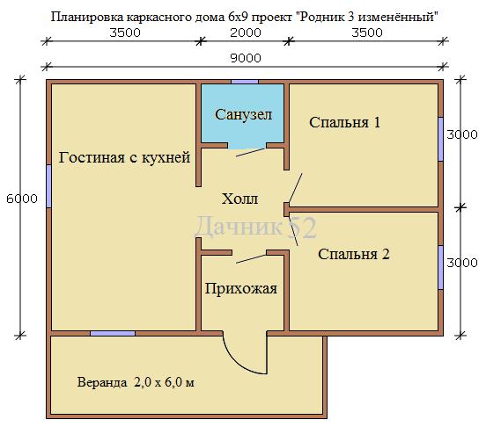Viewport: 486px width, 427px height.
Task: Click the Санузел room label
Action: coord(243,115)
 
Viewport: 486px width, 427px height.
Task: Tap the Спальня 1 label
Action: coord(344,122)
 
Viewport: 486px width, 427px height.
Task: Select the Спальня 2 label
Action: coord(354,255)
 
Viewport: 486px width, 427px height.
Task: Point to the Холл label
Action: coord(239,199)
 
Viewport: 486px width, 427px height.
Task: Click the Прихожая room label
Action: coord(241,289)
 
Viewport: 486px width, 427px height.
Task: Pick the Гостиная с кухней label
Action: coord(124,157)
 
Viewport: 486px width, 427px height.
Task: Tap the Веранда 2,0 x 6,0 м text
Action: coord(136,382)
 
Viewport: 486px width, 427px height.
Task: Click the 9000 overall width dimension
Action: coord(246,58)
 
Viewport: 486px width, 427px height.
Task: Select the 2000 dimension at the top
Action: coord(246,33)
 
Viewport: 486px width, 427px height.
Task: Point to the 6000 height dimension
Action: coord(22,199)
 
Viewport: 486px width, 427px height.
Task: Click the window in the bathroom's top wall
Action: coord(245,82)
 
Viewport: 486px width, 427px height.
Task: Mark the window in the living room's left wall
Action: coord(48,186)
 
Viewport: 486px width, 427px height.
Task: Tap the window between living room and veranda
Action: coord(113,333)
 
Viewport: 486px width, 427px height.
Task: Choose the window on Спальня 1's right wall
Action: coord(440,139)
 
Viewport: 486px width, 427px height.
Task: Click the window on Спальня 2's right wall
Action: coord(440,268)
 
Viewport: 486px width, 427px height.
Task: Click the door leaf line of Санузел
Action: coord(250,152)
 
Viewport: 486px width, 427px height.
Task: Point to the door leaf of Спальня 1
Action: coord(295,188)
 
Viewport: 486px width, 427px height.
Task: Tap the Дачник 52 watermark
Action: coord(255,228)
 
